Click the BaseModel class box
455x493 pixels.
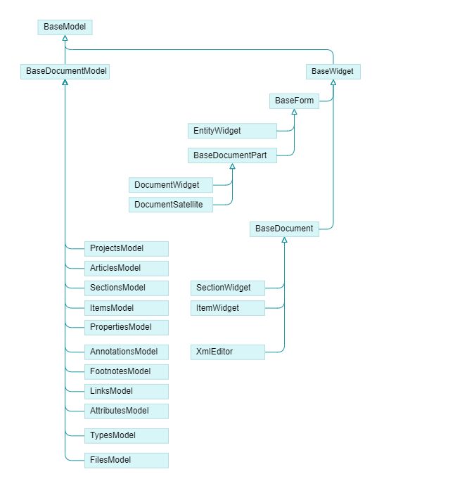pyautogui.click(x=65, y=27)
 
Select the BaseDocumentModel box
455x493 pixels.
pyautogui.click(x=65, y=71)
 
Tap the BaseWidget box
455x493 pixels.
pyautogui.click(x=333, y=71)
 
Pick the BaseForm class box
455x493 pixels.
pyautogui.click(x=294, y=101)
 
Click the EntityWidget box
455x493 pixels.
pyautogui.click(x=232, y=131)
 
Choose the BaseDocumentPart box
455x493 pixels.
pyautogui.click(x=232, y=155)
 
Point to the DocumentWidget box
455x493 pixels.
pyautogui.click(x=172, y=185)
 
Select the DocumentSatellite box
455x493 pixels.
pyautogui.click(x=172, y=205)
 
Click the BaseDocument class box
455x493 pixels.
pyautogui.click(x=284, y=229)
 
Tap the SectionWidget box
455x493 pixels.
pyautogui.click(x=228, y=288)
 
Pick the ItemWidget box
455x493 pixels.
pyautogui.click(x=228, y=308)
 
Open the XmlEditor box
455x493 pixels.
pyautogui.click(x=228, y=352)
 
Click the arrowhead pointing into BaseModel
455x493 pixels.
pyautogui.click(x=65, y=38)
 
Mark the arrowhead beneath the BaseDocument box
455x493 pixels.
pyautogui.click(x=284, y=240)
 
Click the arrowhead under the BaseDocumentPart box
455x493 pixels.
pyautogui.click(x=232, y=167)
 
